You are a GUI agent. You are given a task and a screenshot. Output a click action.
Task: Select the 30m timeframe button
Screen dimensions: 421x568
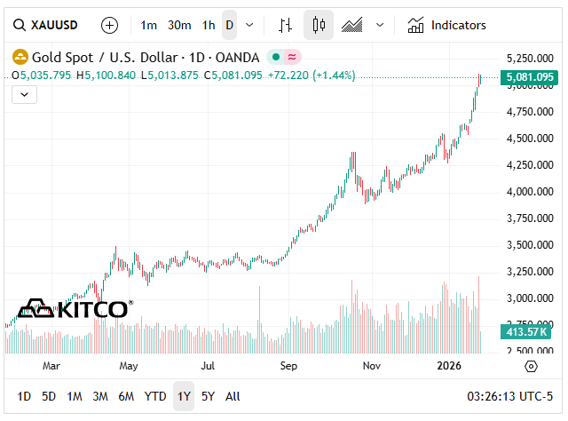(x=179, y=25)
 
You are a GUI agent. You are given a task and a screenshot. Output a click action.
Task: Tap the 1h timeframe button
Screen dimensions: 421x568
(x=209, y=25)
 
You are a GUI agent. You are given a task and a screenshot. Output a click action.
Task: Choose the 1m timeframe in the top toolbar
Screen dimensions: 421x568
(x=149, y=25)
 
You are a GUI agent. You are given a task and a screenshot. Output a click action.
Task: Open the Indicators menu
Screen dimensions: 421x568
(x=447, y=25)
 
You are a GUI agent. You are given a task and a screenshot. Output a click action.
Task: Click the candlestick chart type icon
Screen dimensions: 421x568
(x=319, y=25)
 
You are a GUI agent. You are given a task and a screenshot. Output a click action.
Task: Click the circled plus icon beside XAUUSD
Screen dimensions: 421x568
(x=109, y=25)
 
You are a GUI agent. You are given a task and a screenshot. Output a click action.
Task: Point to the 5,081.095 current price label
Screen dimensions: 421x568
(x=530, y=77)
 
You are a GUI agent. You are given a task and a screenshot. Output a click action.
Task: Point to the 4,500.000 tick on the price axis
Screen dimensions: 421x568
(x=530, y=139)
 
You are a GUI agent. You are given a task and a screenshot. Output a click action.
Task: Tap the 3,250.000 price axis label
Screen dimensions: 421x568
(x=530, y=271)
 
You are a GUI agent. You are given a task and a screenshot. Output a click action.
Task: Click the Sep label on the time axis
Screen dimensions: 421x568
(x=288, y=365)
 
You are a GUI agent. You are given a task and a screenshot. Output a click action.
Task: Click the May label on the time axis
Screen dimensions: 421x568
(x=129, y=365)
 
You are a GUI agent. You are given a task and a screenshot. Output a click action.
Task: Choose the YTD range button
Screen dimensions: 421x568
(x=155, y=396)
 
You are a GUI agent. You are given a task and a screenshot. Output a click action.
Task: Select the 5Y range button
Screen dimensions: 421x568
(x=208, y=396)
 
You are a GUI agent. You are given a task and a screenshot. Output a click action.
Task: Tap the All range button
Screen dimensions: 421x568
(x=233, y=396)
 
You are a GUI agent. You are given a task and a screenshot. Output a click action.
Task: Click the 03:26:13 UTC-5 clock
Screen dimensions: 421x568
(x=509, y=396)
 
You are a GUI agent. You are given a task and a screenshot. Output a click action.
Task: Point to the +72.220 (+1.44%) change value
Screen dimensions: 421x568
(x=312, y=75)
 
